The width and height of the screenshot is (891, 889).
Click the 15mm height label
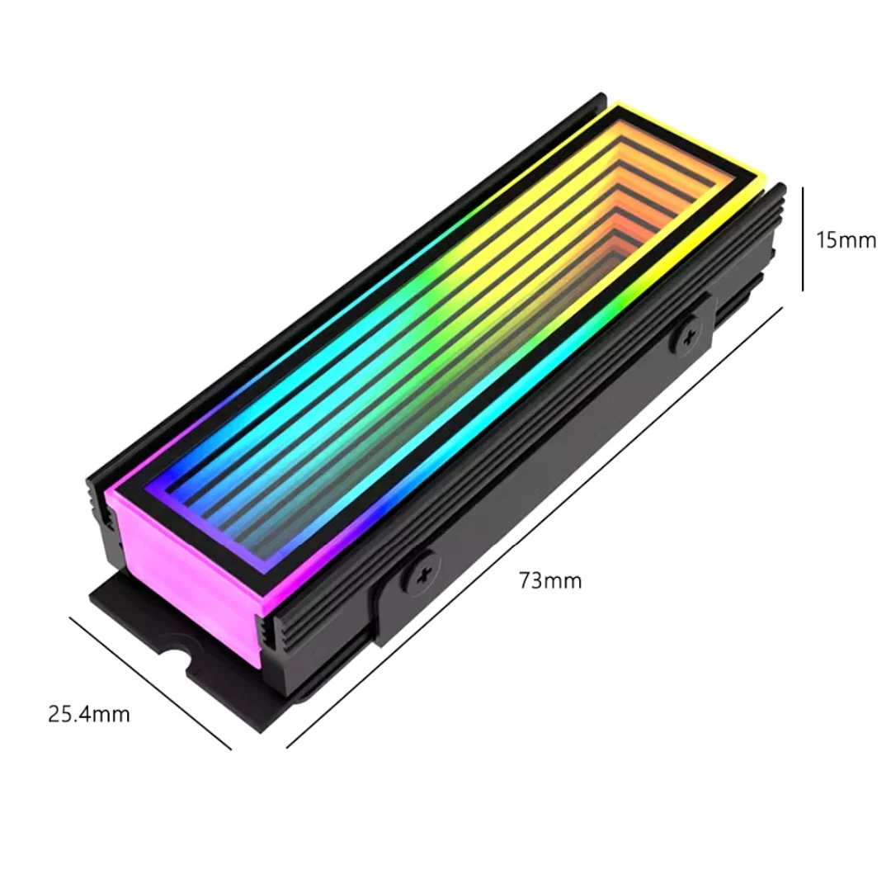(x=846, y=240)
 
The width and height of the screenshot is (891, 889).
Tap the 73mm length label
(x=550, y=580)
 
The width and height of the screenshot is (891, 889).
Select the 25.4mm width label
(x=89, y=714)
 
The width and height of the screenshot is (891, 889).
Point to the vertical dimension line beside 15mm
(x=803, y=239)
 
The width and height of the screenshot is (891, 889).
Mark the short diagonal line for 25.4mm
(x=150, y=683)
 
